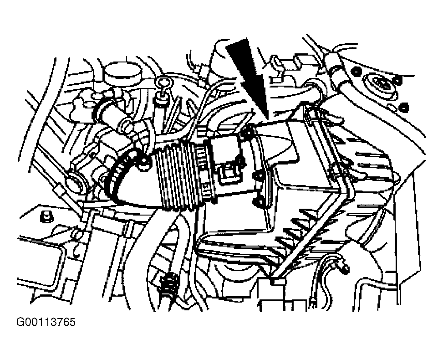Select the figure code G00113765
point(46,322)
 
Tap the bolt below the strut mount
point(404,107)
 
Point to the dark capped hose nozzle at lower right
point(344,269)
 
